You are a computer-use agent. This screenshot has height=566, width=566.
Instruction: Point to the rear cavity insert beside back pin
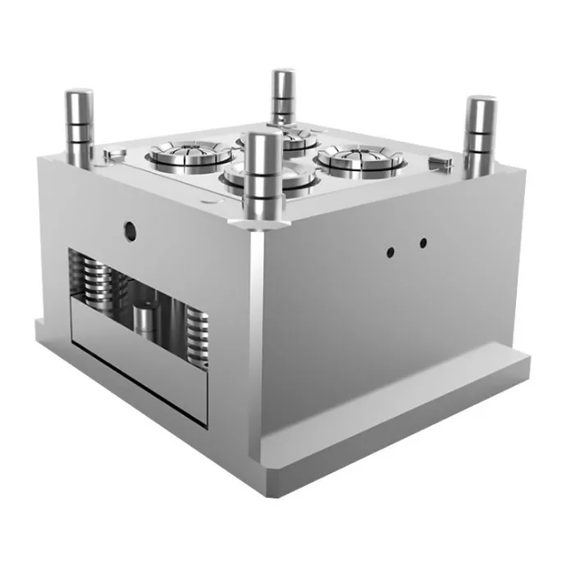pyautogui.click(x=302, y=139)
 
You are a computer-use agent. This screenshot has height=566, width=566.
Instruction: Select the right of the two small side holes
pyautogui.click(x=423, y=243)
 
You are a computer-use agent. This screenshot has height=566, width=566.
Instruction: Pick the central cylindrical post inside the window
pyautogui.click(x=145, y=328)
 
